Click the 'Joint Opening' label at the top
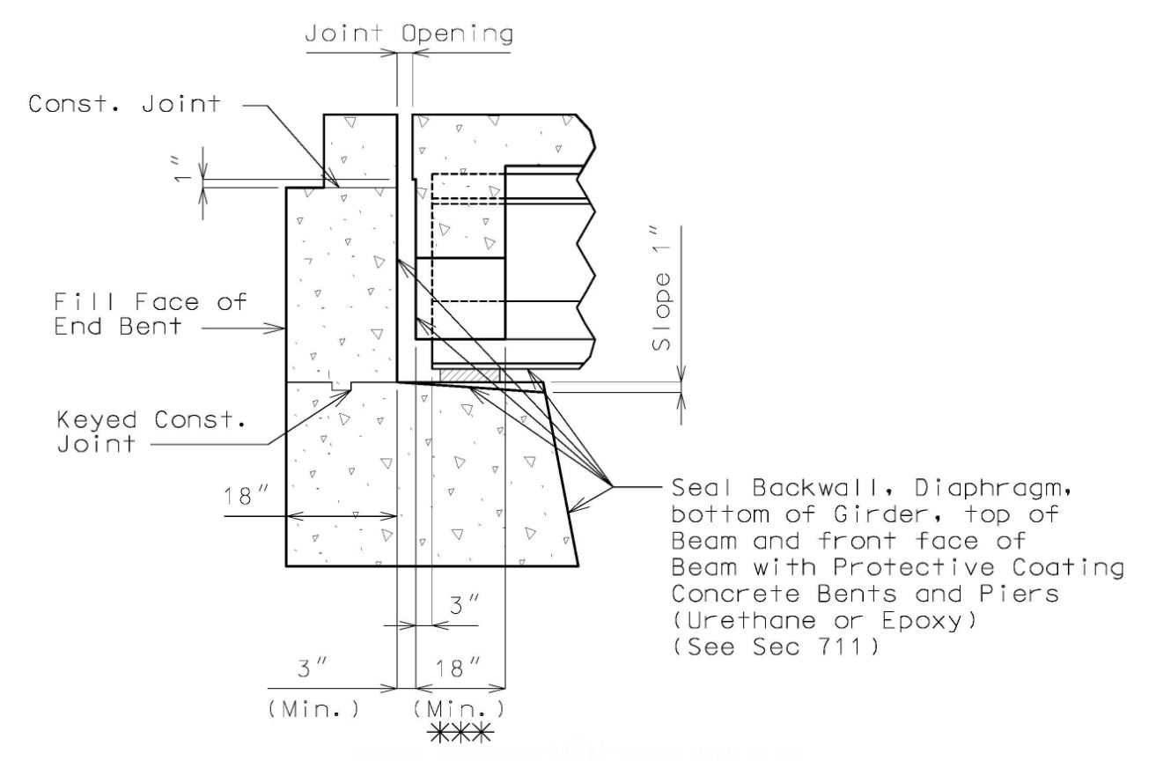coord(409,34)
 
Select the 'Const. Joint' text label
coord(124,104)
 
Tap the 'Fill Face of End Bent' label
coord(151,314)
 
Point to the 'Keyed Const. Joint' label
coord(151,432)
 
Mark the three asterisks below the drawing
coord(460,733)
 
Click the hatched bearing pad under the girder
coord(469,375)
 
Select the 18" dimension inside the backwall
coord(247,496)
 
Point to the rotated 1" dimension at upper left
coord(180,170)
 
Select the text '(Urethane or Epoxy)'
coord(824,620)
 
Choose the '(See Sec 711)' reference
coord(775,646)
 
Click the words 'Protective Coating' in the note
coord(978,567)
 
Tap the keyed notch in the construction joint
coord(341,386)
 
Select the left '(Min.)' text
coord(313,710)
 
